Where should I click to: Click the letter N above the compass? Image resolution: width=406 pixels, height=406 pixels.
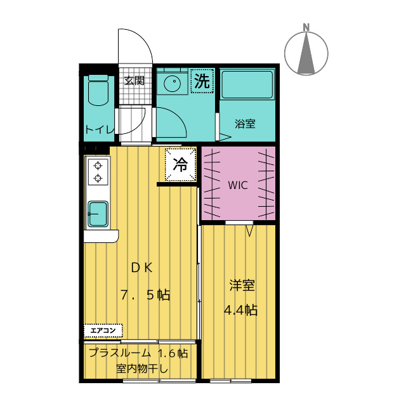(x=306, y=27)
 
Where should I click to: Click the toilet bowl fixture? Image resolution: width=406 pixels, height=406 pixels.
(x=98, y=90)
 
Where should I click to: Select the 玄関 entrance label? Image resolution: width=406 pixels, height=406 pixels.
(x=134, y=81)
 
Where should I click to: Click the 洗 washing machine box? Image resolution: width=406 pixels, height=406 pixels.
(x=202, y=81)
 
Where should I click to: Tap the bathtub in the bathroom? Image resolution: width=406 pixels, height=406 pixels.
(x=247, y=84)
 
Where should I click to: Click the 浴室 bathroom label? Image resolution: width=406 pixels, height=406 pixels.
(x=245, y=124)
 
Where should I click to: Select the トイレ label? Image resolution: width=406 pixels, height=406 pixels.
(x=100, y=129)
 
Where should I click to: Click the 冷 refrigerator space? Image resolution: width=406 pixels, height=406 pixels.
(x=180, y=164)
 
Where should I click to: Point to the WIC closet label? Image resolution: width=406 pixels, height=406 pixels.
(x=238, y=185)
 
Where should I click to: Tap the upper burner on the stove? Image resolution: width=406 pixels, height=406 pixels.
(x=98, y=166)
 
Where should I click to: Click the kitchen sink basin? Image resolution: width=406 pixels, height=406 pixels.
(x=98, y=214)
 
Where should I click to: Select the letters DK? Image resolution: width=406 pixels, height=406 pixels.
(x=142, y=268)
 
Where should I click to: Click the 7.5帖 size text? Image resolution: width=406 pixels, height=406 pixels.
(x=145, y=294)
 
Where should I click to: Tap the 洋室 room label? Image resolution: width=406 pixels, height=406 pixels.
(x=242, y=285)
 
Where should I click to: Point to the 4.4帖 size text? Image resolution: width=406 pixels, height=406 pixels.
(x=240, y=310)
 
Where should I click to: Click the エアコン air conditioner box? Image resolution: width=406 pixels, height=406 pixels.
(x=103, y=331)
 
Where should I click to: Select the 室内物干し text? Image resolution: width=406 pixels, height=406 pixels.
(x=142, y=369)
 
